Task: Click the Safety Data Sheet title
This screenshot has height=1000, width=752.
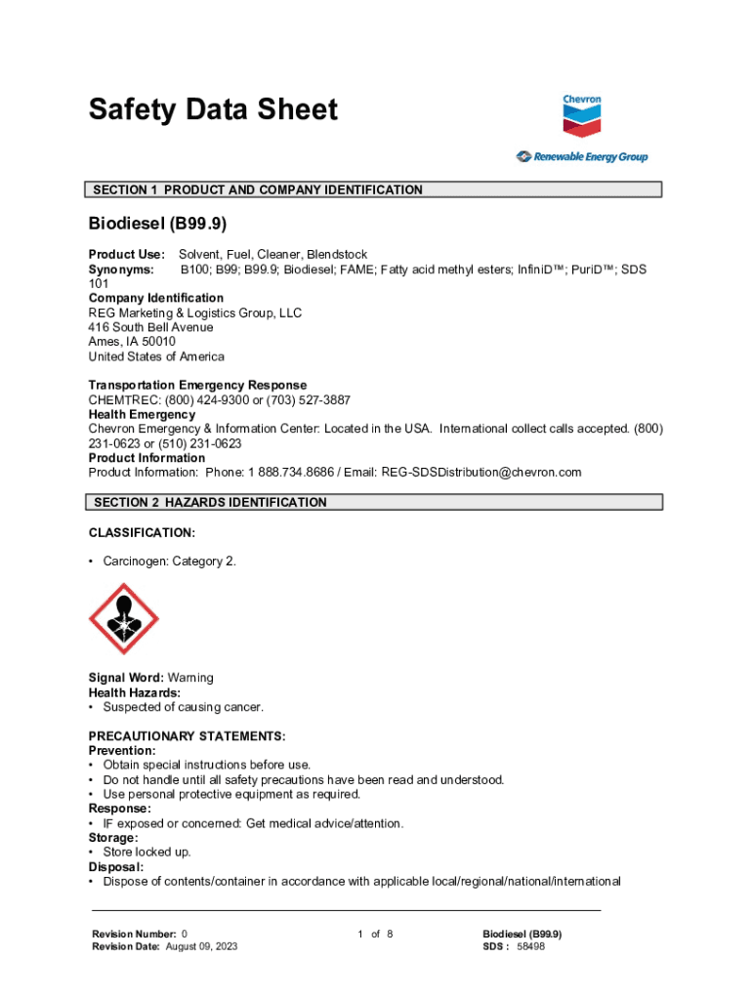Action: (x=213, y=109)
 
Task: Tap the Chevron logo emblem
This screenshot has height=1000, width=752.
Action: (x=582, y=120)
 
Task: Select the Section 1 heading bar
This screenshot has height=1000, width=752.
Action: (x=375, y=189)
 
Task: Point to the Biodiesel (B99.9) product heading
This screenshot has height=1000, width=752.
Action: (x=157, y=224)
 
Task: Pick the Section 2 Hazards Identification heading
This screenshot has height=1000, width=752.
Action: (x=375, y=502)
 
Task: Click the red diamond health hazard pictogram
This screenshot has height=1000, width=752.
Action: (x=124, y=618)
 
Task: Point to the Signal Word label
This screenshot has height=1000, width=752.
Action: (x=126, y=678)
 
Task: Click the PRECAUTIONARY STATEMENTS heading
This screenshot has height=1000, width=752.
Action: (x=187, y=735)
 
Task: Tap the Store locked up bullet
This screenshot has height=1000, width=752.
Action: (x=146, y=852)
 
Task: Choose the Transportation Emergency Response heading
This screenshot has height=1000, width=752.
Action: (x=197, y=385)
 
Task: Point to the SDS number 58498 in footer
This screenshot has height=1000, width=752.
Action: (x=530, y=946)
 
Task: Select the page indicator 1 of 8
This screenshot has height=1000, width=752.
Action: (x=375, y=934)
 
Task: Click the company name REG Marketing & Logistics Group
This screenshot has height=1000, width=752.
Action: (x=195, y=312)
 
